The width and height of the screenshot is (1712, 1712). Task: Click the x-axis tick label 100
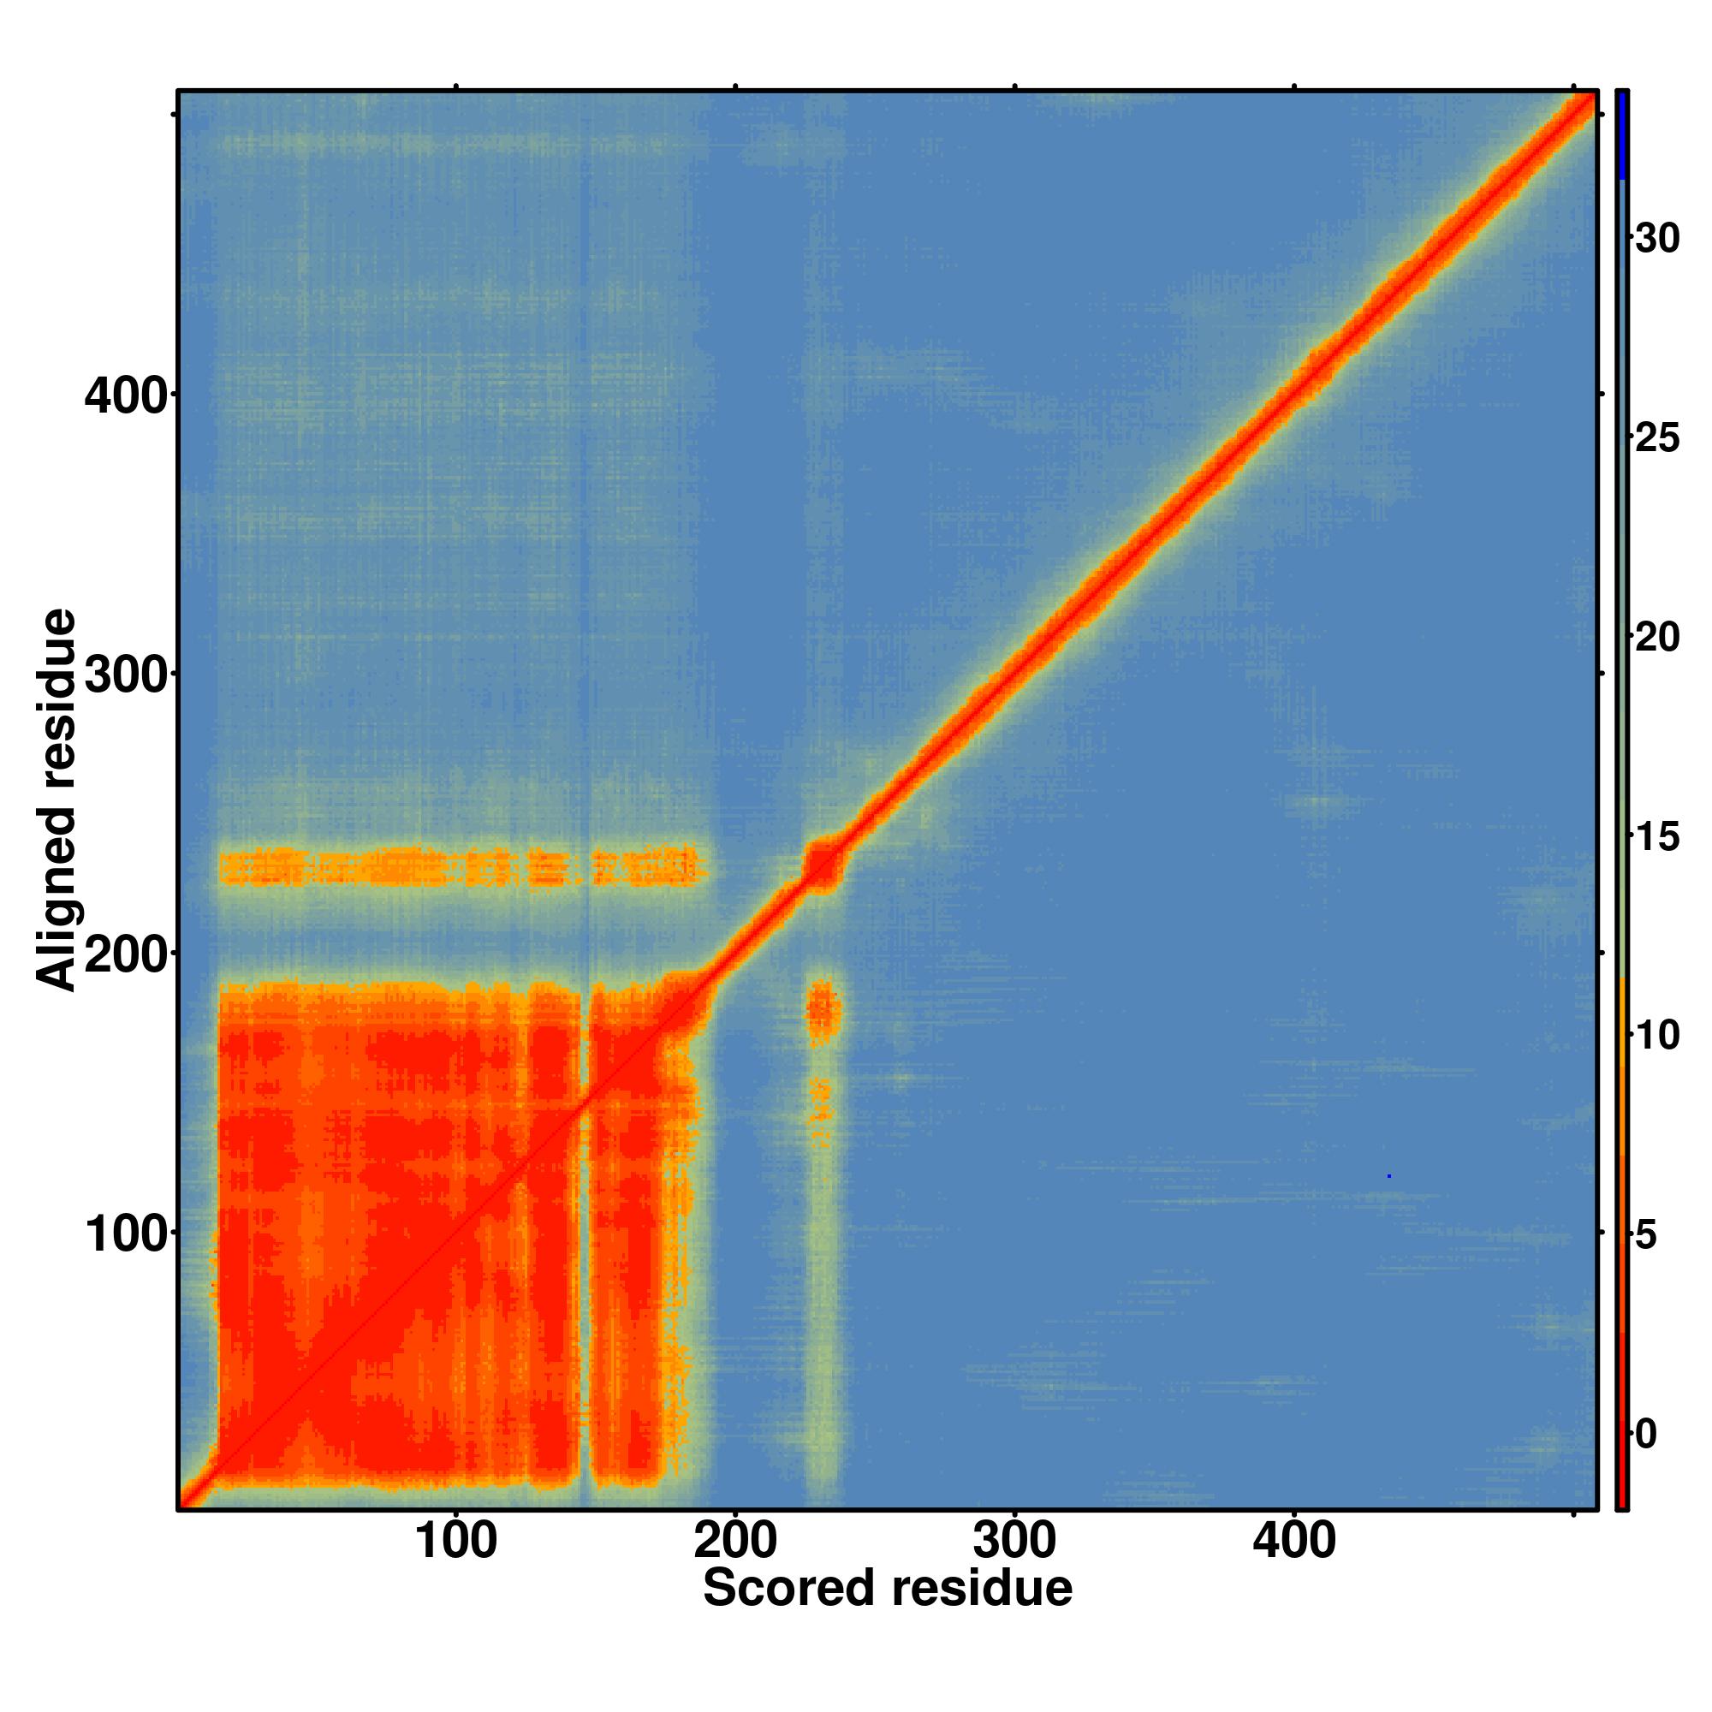(x=455, y=1542)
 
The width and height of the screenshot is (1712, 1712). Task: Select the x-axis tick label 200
(x=734, y=1542)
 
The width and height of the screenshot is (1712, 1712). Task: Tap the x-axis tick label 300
(x=1014, y=1542)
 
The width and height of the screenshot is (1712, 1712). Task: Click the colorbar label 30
(x=1657, y=240)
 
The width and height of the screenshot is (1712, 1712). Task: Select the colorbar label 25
(x=1657, y=439)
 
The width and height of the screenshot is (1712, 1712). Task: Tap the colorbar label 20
(x=1657, y=639)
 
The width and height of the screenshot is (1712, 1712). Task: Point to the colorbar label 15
(x=1657, y=838)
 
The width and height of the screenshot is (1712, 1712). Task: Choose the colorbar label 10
(x=1657, y=1037)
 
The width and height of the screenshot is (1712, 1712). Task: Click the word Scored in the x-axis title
(x=789, y=1588)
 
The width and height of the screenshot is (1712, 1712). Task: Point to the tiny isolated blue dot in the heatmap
(x=1388, y=1177)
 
